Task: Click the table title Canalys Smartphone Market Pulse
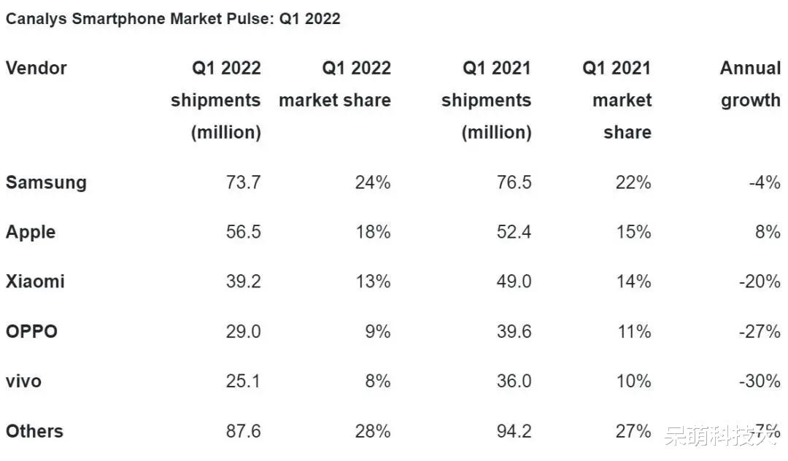click(173, 19)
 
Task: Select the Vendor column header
click(36, 69)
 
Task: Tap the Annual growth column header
click(750, 84)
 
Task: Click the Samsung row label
click(46, 182)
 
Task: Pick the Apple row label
click(31, 232)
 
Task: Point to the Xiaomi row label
click(35, 282)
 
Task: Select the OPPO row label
click(31, 332)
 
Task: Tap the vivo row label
click(23, 381)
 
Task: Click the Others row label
click(34, 431)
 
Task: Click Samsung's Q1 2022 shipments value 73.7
click(243, 182)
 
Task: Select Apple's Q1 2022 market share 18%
click(372, 232)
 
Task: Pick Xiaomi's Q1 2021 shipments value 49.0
click(514, 282)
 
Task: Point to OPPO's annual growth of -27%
click(765, 332)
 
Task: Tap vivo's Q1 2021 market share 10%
click(633, 381)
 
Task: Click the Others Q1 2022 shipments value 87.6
click(243, 431)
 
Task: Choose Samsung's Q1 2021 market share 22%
click(633, 182)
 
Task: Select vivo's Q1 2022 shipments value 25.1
click(243, 381)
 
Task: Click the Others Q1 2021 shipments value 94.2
click(514, 431)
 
